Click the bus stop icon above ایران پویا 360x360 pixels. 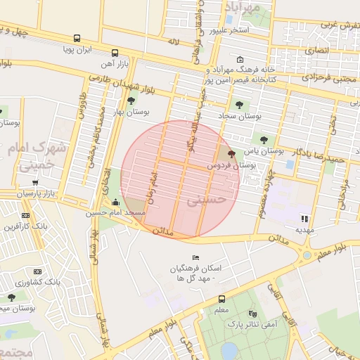tap(76, 39)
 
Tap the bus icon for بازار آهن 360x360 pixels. tap(115, 53)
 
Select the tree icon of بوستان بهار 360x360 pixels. tap(131, 101)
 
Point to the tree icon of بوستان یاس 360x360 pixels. tap(264, 139)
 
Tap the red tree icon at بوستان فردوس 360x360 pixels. tap(232, 153)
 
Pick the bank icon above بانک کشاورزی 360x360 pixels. tap(26, 271)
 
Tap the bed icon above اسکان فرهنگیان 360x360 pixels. tap(195, 258)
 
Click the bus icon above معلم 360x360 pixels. tap(221, 299)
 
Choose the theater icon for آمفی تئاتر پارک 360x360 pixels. tap(252, 314)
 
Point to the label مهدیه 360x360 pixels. tap(304, 230)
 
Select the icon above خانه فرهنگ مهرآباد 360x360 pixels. tap(241, 59)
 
